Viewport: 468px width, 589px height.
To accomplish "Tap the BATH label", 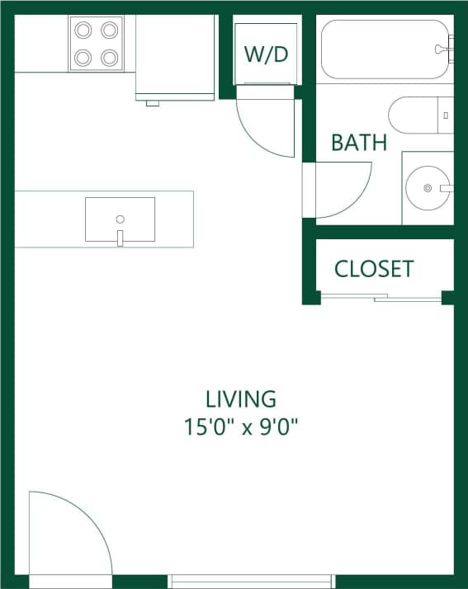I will pyautogui.click(x=358, y=143).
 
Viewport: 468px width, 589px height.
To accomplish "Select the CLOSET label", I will pyautogui.click(x=374, y=269).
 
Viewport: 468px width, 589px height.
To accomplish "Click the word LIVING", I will pyautogui.click(x=240, y=399).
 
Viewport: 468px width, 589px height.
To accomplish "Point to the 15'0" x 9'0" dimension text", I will pyautogui.click(x=240, y=426).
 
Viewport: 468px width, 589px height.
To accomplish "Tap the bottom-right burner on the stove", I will pyautogui.click(x=109, y=57).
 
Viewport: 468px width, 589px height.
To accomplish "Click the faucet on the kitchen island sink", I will pyautogui.click(x=120, y=238).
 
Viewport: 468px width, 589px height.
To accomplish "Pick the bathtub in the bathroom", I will pyautogui.click(x=384, y=49).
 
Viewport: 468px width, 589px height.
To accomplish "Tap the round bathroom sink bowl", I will pyautogui.click(x=428, y=188).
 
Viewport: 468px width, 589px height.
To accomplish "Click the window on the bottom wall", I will pyautogui.click(x=252, y=581).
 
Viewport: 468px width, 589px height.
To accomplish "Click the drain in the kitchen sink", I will pyautogui.click(x=120, y=219).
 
